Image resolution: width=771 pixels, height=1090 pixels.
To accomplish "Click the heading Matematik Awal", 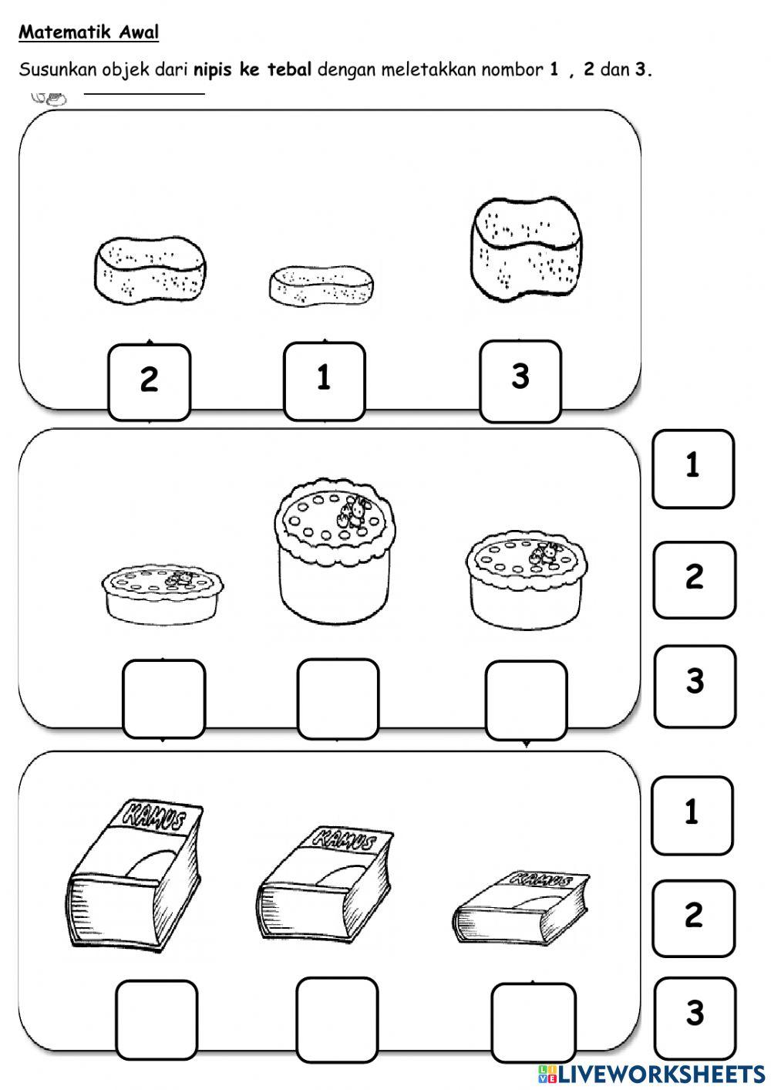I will pyautogui.click(x=89, y=32).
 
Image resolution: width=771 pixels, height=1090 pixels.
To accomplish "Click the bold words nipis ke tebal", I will pyautogui.click(x=253, y=70).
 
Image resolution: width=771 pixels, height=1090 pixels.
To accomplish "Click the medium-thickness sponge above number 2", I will pyautogui.click(x=151, y=270).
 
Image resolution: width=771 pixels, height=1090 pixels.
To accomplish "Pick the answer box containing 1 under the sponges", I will pyautogui.click(x=324, y=380).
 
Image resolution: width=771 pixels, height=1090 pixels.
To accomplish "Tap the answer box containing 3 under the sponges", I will pyautogui.click(x=520, y=380).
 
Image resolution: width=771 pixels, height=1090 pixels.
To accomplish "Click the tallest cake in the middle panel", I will pyautogui.click(x=334, y=547).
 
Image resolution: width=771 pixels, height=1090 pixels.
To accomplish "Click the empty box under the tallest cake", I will pyautogui.click(x=338, y=697).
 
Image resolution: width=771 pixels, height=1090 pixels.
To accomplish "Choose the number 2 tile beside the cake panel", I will pyautogui.click(x=694, y=579).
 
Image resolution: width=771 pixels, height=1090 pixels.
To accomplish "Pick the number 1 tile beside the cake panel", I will pyautogui.click(x=693, y=468).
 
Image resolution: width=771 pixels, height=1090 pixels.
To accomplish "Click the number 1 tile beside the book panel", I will pyautogui.click(x=692, y=815).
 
